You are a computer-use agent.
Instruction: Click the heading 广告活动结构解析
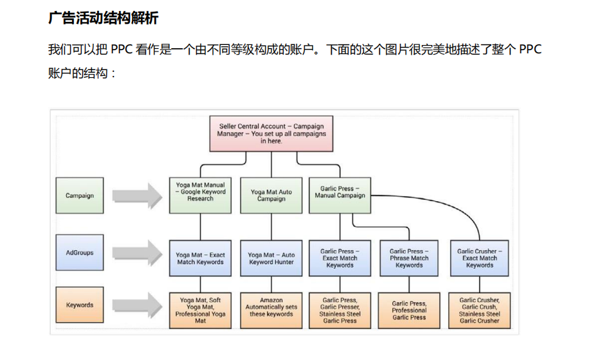coord(103,18)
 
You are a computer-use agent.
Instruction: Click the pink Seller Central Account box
coord(271,134)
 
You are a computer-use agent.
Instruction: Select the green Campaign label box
coord(80,195)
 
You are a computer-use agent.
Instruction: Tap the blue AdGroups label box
coord(80,253)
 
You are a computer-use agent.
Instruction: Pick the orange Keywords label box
coord(80,305)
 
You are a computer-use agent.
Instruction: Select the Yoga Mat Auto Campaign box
coord(271,195)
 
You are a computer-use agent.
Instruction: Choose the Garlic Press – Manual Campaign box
coord(340,192)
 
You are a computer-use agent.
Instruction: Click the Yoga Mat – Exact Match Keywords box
coord(200,258)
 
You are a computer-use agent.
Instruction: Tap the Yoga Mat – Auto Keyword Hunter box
coord(271,258)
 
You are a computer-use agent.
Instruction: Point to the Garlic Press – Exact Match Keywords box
coord(340,258)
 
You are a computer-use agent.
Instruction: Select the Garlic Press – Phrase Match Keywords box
coord(409,258)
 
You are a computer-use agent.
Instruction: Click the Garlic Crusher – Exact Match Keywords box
coord(479,258)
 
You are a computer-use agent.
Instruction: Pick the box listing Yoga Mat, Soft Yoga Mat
coord(200,310)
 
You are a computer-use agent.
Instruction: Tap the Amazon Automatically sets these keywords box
coord(271,307)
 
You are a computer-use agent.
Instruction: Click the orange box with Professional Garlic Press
coord(409,310)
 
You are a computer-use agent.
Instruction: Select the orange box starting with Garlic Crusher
coord(479,310)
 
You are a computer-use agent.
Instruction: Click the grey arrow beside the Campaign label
coord(136,195)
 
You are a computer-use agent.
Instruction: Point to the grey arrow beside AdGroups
coord(136,253)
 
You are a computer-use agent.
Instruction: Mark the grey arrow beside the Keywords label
coord(136,305)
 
